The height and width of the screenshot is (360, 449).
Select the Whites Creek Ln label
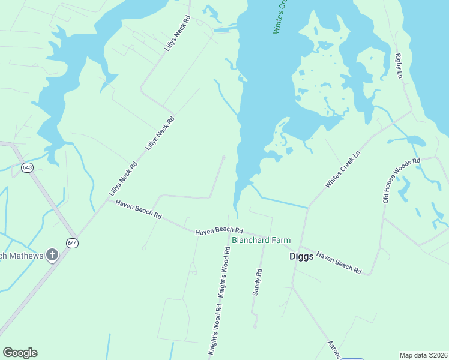[344, 170]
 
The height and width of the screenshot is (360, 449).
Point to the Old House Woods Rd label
[402, 180]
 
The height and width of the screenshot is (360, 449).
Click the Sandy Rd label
[258, 281]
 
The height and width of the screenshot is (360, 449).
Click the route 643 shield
[27, 167]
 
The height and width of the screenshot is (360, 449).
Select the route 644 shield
[73, 243]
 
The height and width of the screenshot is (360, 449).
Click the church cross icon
[52, 256]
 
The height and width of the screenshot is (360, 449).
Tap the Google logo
[20, 353]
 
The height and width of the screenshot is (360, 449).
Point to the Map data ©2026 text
[423, 355]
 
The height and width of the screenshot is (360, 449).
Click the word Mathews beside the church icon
[25, 256]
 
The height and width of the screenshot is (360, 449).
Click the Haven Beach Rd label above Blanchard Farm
[219, 230]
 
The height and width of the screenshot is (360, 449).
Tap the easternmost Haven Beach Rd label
[339, 262]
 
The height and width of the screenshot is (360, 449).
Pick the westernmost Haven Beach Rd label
[139, 209]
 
